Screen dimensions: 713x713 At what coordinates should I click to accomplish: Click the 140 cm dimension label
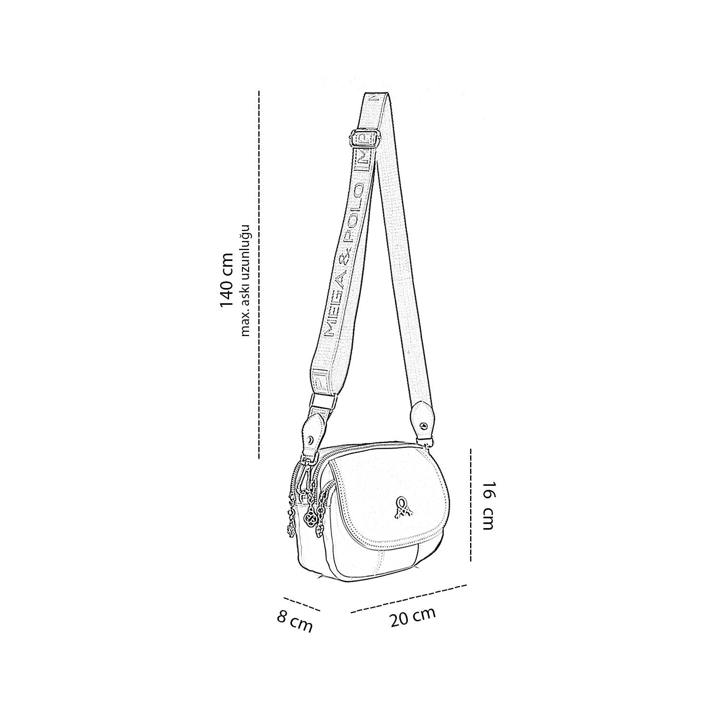pyautogui.click(x=226, y=280)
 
